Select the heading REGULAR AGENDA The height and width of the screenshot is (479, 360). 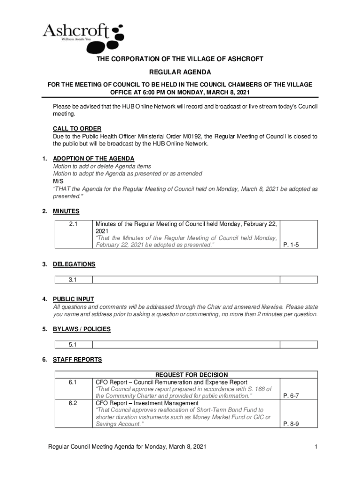pos(180,72)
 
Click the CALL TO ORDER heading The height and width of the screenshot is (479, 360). pos(77,129)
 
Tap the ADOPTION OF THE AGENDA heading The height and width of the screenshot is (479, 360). pos(94,159)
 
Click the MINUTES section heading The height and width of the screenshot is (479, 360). pos(66,211)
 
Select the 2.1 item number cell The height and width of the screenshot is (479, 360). pos(72,224)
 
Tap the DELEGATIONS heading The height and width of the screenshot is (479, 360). pos(74,264)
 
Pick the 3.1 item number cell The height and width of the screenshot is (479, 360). pos(72,280)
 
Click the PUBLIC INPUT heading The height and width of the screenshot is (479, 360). pos(73,299)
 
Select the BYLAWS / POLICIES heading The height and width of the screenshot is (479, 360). pos(82,329)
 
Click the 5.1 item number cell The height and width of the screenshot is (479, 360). pos(72,345)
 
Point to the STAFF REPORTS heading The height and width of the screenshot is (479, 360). pos(77,360)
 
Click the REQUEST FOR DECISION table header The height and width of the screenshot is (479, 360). pos(192,375)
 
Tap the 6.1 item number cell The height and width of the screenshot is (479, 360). pos(72,382)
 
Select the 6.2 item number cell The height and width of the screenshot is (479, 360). pos(72,403)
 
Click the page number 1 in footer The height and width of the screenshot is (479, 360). pos(316,447)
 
